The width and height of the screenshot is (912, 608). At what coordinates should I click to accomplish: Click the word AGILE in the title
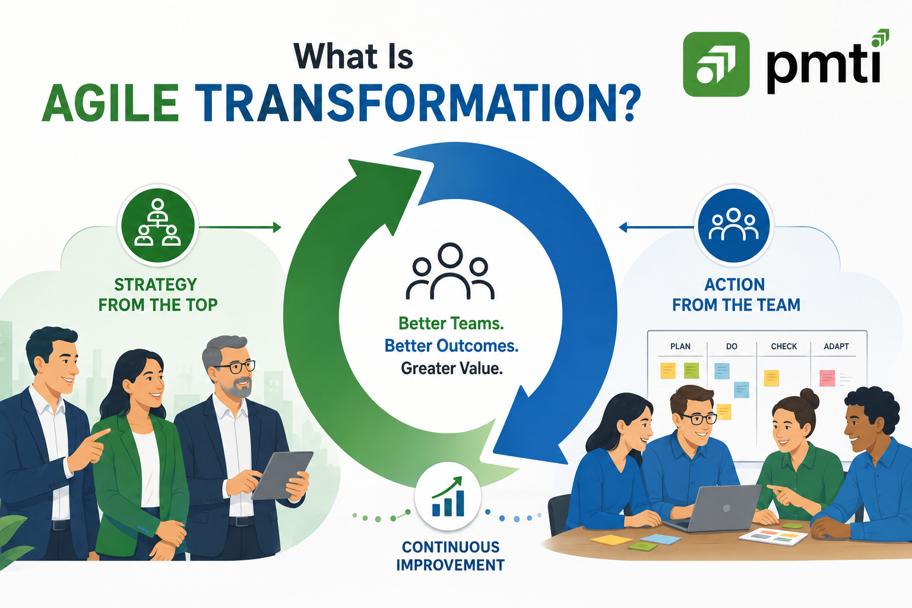click(110, 103)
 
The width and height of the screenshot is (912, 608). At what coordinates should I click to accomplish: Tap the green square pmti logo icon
click(716, 64)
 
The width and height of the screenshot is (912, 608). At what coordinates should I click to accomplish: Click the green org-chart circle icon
click(158, 225)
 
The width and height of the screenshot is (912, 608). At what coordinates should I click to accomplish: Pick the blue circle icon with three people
click(734, 225)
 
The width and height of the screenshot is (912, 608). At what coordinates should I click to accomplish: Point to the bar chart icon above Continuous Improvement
click(448, 497)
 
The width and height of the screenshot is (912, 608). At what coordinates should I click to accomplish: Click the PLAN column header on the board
click(680, 346)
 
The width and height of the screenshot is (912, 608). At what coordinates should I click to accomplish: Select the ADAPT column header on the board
click(836, 346)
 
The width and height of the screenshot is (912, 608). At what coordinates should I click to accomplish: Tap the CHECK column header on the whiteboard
click(784, 346)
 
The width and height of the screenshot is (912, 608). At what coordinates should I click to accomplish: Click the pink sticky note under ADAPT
click(827, 378)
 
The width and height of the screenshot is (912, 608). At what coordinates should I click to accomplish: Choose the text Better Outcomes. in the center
click(451, 346)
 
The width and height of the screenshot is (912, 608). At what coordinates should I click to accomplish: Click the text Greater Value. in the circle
click(452, 369)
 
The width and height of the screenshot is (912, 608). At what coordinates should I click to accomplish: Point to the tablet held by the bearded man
click(283, 475)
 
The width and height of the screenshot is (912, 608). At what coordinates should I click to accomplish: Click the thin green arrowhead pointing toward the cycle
click(277, 227)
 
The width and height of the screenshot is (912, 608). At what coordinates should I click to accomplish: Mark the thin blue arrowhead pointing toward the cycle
click(623, 227)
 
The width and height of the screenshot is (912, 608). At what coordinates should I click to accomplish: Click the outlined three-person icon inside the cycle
click(450, 271)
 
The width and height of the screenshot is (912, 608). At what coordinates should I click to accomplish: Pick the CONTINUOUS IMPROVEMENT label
click(450, 556)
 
